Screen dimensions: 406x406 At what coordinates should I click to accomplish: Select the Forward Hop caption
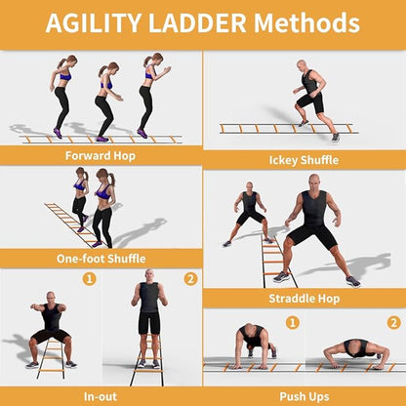[x=101, y=155]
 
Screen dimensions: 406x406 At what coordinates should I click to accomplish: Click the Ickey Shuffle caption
[x=304, y=160]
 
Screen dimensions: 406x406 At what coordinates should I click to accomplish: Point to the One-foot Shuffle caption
[x=101, y=259]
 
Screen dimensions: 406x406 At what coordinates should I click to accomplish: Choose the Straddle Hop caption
[x=304, y=299]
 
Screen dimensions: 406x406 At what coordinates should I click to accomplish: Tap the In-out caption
[x=101, y=396]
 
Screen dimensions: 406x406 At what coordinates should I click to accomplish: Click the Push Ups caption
[x=304, y=396]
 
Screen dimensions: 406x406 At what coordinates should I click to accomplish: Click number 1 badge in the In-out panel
[x=90, y=279]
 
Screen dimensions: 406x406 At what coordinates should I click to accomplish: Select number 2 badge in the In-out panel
[x=190, y=279]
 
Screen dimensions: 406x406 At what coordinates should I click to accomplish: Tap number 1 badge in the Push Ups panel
[x=292, y=322]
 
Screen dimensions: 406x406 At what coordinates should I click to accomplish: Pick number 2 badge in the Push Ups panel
[x=393, y=322]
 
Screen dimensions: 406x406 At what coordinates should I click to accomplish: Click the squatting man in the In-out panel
[x=51, y=327]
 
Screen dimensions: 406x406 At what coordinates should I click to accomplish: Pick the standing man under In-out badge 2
[x=148, y=312]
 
